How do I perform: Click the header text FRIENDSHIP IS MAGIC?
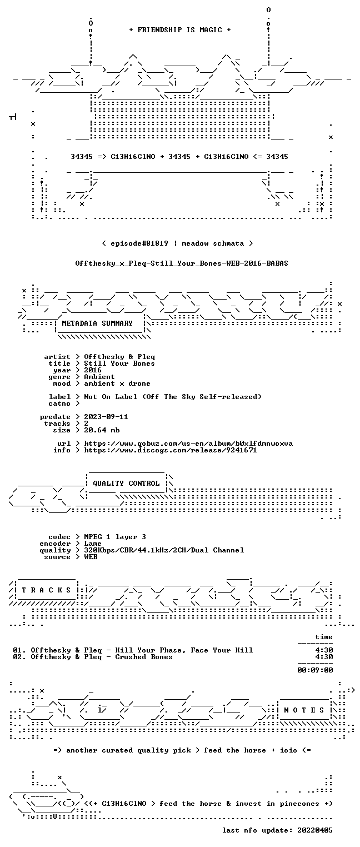pyautogui.click(x=179, y=30)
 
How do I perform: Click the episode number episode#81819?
pyautogui.click(x=139, y=243)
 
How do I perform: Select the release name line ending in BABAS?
pyautogui.click(x=182, y=263)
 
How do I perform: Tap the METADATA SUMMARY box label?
pyautogui.click(x=97, y=323)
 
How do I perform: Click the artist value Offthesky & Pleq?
pyautogui.click(x=119, y=357)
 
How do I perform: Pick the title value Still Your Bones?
pyautogui.click(x=119, y=364)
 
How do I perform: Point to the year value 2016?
pyautogui.click(x=93, y=370)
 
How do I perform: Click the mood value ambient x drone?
pyautogui.click(x=117, y=384)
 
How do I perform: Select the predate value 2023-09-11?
pyautogui.click(x=106, y=417)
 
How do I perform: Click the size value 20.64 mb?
pyautogui.click(x=102, y=430)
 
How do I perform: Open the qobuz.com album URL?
pyautogui.click(x=188, y=444)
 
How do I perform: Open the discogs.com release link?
pyautogui.click(x=171, y=450)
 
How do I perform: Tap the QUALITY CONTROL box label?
pyautogui.click(x=126, y=484)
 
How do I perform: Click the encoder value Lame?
pyautogui.click(x=93, y=544)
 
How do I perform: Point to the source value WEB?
pyautogui.click(x=91, y=557)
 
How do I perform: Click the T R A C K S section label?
pyautogui.click(x=47, y=590)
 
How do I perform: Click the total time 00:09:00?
pyautogui.click(x=315, y=670)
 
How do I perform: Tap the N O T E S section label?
pyautogui.click(x=304, y=710)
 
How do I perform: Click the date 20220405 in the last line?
pyautogui.click(x=315, y=830)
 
